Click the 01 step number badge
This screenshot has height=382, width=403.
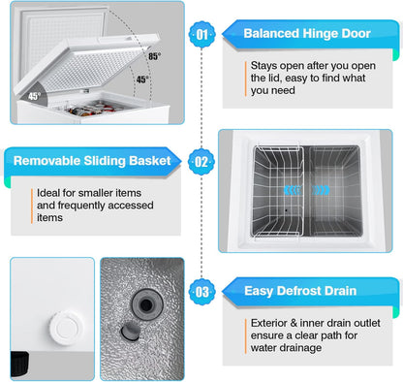(x=201, y=32)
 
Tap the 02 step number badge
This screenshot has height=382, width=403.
(x=201, y=160)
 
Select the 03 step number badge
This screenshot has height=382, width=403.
(x=201, y=288)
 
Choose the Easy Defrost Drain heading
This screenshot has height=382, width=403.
(x=300, y=289)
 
